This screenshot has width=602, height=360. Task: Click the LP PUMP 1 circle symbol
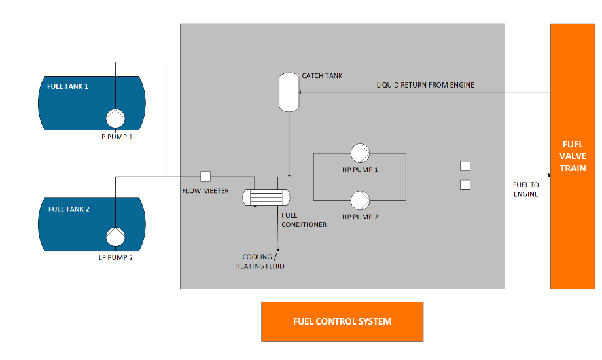coord(116,118)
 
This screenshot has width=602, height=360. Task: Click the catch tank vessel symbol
coord(289,92)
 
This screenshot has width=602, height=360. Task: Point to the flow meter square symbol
coord(205,176)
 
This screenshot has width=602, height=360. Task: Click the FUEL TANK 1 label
coord(67,86)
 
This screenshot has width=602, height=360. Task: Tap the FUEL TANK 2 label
coord(68,209)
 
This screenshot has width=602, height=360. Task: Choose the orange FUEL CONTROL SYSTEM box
coord(342,321)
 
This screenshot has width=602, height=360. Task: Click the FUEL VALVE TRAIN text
coord(573,156)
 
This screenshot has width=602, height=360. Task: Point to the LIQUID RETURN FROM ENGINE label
coord(425,85)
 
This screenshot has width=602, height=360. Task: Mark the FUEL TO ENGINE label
coord(525,190)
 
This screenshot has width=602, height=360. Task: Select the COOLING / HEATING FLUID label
coord(260,262)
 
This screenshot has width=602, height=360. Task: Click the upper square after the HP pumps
coord(465,166)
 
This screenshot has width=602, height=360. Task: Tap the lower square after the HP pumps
coord(465,185)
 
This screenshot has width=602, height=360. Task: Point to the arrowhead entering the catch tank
coord(301,92)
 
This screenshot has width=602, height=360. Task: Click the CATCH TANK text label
coord(322,76)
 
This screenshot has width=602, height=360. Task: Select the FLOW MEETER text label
coord(205,191)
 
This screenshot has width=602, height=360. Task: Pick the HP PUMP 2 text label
coord(360,216)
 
